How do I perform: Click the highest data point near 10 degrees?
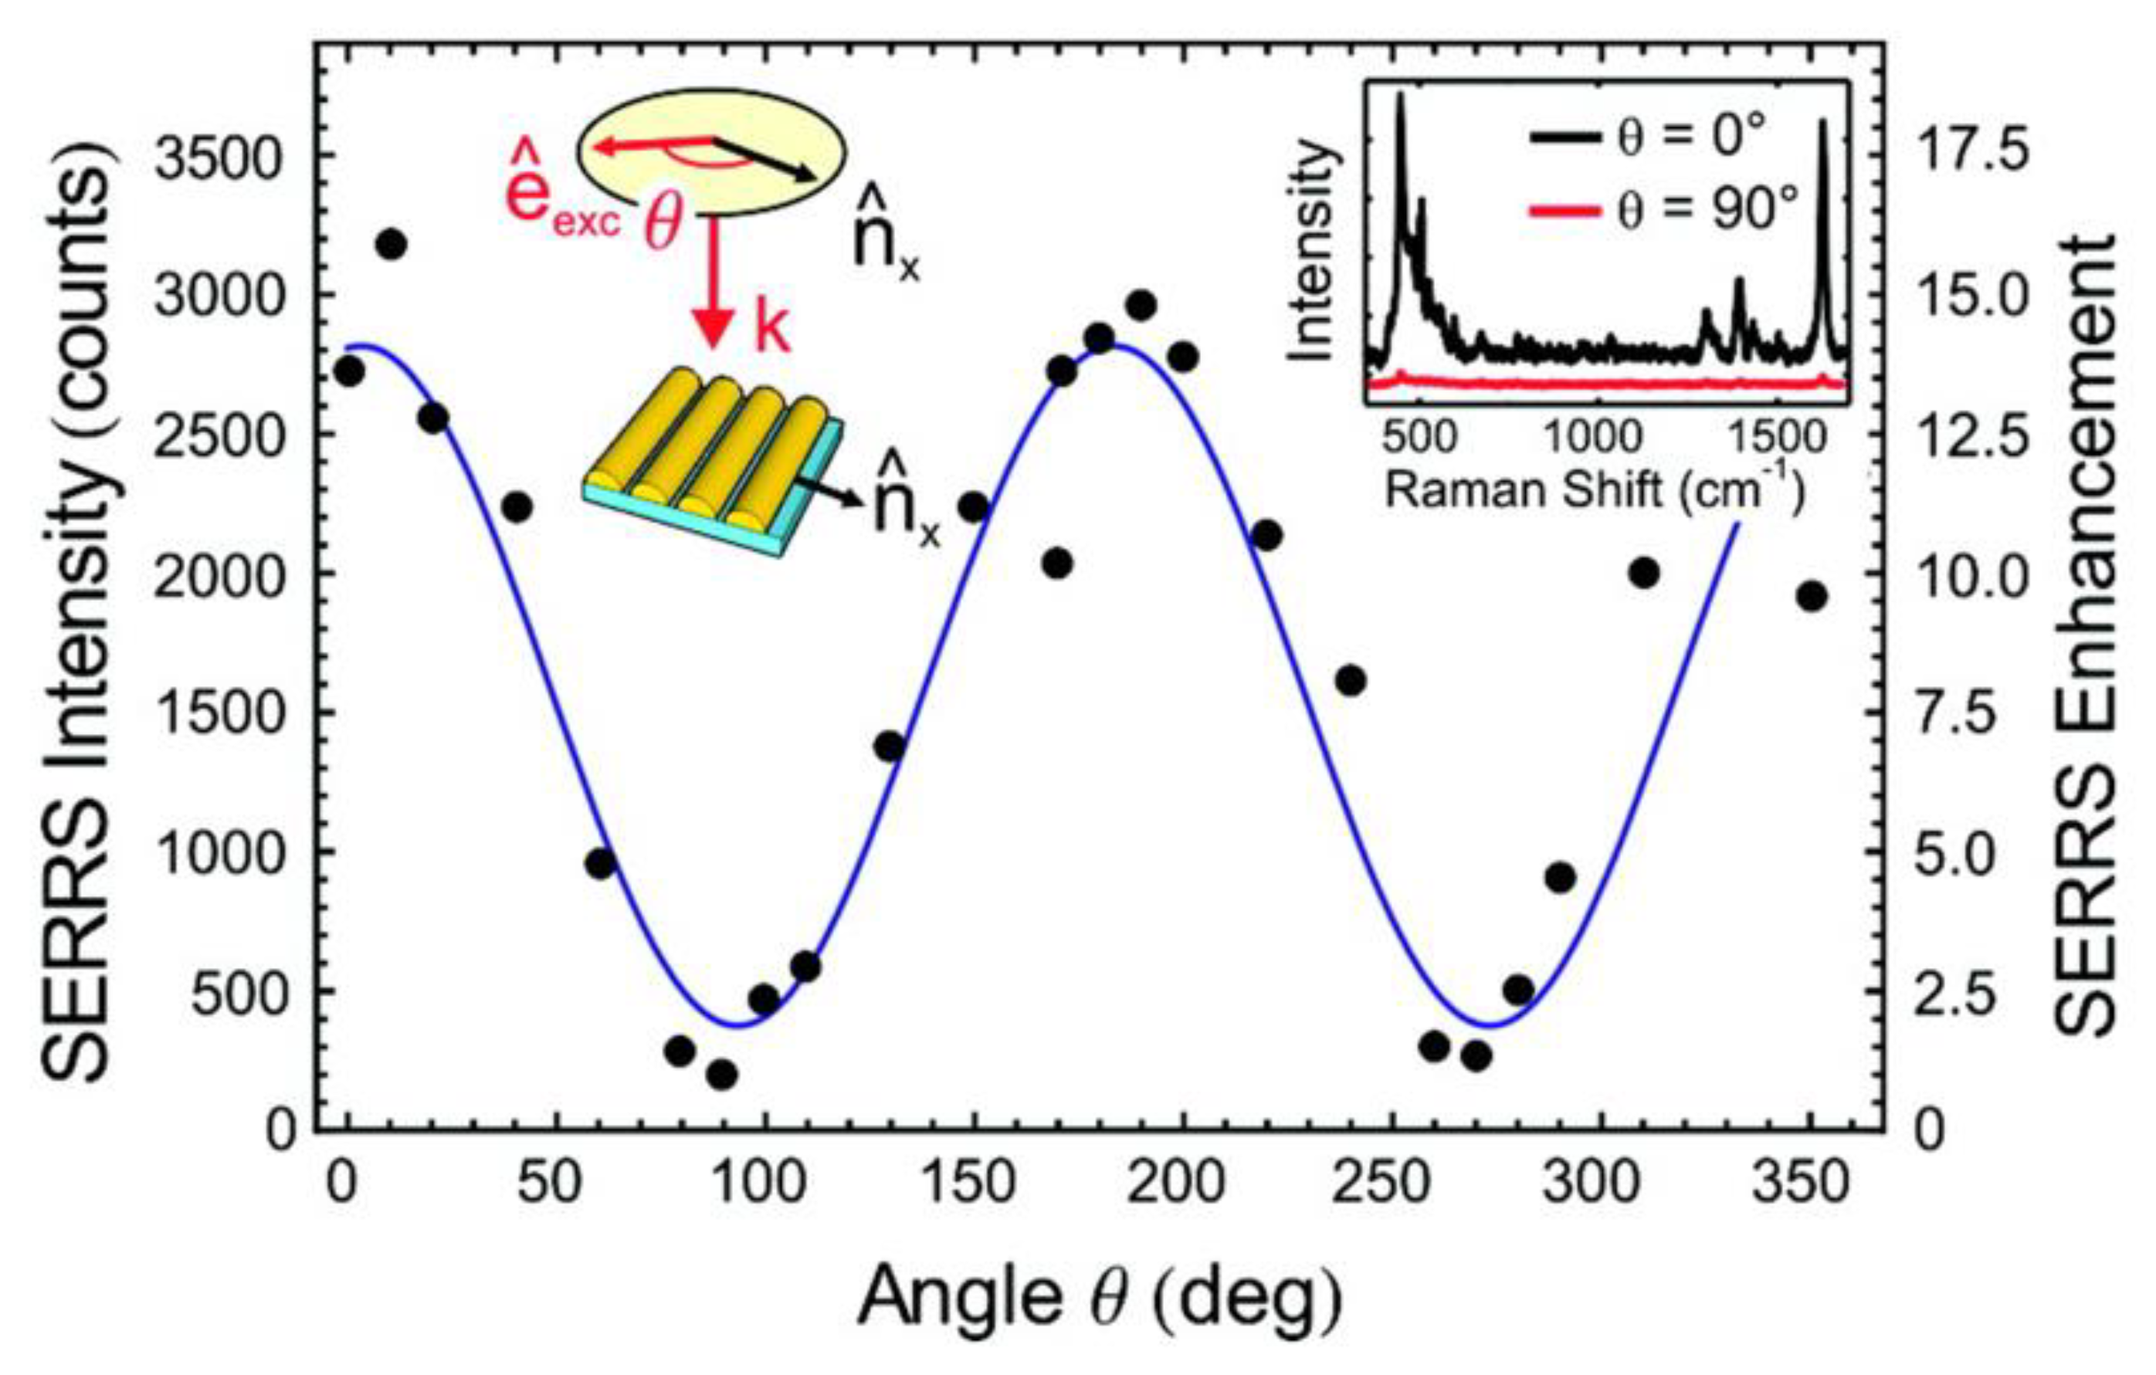pos(392,243)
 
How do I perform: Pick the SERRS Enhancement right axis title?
pos(2087,635)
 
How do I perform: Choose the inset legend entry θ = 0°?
pos(1647,140)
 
